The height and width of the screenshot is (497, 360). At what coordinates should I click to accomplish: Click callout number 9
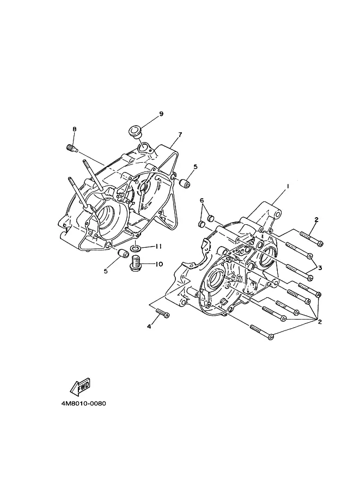click(x=161, y=114)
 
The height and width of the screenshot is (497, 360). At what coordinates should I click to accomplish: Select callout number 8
click(x=75, y=130)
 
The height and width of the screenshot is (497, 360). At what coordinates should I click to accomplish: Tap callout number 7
click(x=180, y=134)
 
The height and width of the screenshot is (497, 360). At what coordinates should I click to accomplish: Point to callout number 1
click(x=288, y=187)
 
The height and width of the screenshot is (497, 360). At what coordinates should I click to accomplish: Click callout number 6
click(x=202, y=200)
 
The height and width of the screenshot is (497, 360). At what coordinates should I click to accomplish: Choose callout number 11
click(x=158, y=247)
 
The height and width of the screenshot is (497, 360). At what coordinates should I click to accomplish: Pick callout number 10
click(x=159, y=263)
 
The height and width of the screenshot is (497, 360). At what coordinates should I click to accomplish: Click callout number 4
click(x=149, y=327)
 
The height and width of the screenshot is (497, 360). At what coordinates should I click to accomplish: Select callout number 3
click(x=320, y=268)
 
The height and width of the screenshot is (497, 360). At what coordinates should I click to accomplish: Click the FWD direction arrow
click(x=80, y=387)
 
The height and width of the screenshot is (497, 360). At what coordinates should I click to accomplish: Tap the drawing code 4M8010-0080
click(x=84, y=404)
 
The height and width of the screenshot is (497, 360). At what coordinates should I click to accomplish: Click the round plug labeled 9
click(x=135, y=132)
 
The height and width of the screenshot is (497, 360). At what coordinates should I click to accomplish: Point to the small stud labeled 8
click(x=72, y=148)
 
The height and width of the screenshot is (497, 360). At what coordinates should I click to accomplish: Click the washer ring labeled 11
click(x=136, y=247)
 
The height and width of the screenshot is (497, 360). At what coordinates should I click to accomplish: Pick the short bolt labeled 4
click(x=163, y=313)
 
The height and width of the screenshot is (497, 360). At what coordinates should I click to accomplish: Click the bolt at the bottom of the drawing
click(x=262, y=332)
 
